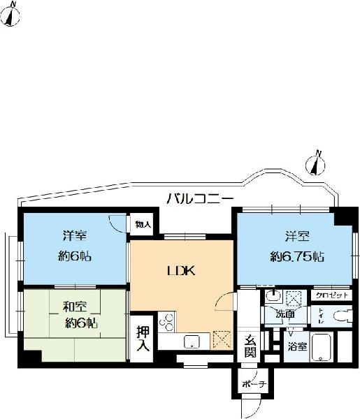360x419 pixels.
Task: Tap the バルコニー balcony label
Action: pos(199,199)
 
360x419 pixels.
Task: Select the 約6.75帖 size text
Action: pos(297,257)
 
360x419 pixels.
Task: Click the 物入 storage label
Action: pos(143,225)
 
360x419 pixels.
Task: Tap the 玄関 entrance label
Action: pos(250,346)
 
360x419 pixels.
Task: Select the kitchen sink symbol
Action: pos(191,341)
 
